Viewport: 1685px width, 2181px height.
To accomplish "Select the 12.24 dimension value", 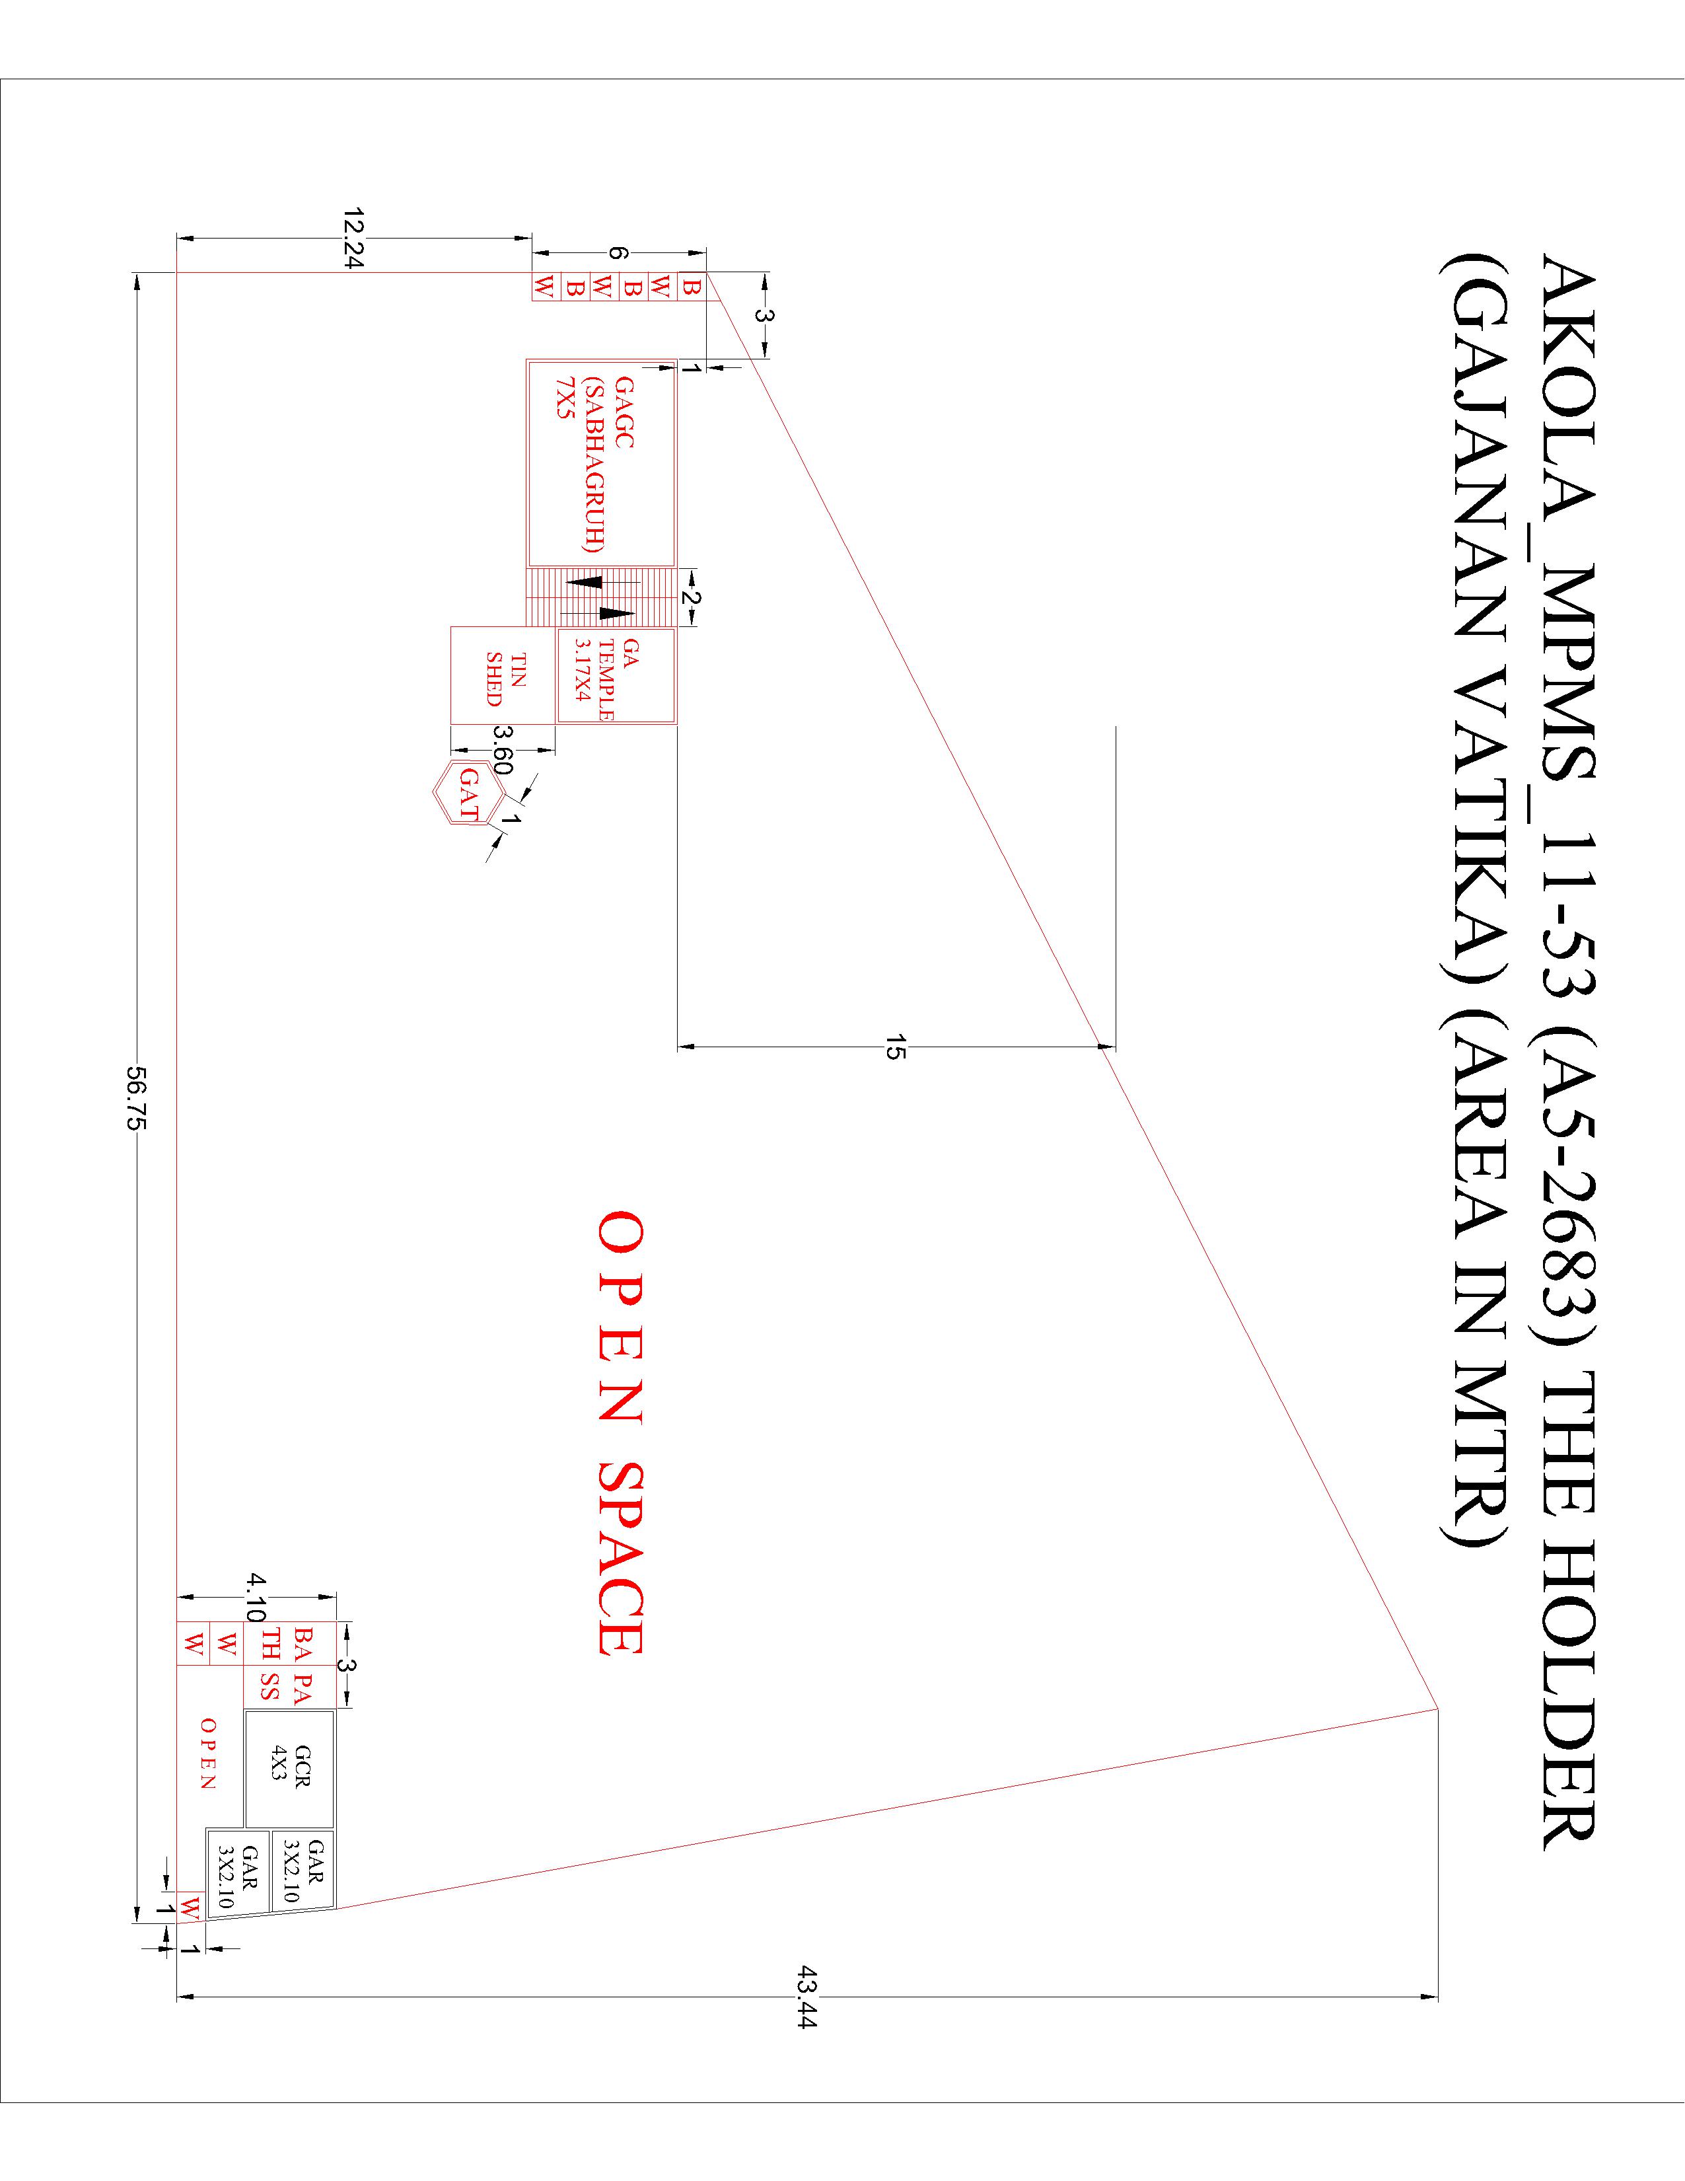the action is pos(352,238).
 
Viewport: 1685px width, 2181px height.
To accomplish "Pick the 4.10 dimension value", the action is pos(256,1598).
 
